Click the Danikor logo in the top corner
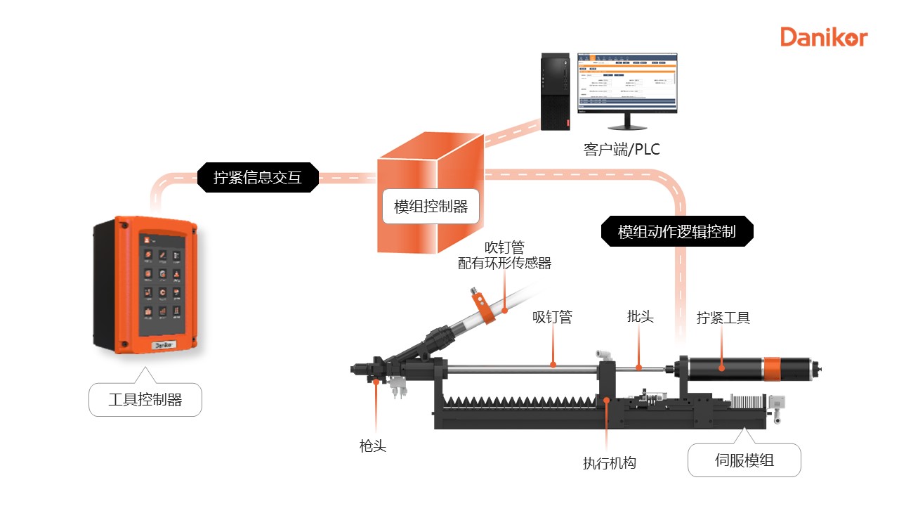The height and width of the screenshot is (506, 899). point(824,37)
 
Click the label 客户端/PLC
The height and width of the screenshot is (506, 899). point(622,150)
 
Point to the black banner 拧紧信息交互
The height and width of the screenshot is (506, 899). point(257,177)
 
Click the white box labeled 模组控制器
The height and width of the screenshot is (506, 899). point(431,207)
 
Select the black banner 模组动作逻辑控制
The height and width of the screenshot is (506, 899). point(677,232)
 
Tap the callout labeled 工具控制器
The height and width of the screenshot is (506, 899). point(145,400)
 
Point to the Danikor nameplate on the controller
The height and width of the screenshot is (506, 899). point(163,346)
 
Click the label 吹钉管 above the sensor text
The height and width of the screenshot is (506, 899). point(504,247)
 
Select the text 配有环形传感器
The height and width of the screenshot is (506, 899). point(504,264)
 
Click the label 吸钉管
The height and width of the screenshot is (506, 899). point(552,318)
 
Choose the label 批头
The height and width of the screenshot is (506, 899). point(640,317)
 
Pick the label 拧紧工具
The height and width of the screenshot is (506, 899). point(723,318)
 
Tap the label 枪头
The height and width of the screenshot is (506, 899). point(372,446)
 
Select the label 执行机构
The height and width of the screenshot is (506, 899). point(609,463)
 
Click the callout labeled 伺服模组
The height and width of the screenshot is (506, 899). point(744,461)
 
